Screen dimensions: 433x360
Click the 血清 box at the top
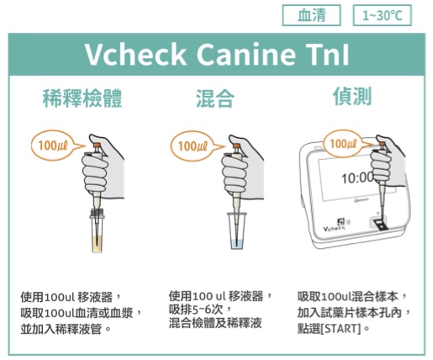coord(311,15)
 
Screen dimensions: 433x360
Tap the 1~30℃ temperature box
coord(382,15)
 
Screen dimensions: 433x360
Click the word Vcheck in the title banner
coord(135,54)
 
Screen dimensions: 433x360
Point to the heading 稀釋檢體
coord(82,98)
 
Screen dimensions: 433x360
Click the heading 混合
coord(215,98)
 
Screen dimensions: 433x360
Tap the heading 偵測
coord(352,96)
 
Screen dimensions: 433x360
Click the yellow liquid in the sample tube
coord(97,243)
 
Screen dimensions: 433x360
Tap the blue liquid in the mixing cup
coord(237,243)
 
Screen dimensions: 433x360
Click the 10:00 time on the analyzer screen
coord(357,177)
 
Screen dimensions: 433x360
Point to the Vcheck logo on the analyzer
coord(334,229)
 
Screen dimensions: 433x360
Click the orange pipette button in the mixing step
coord(236,146)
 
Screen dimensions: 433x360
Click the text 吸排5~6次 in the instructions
coord(196,310)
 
